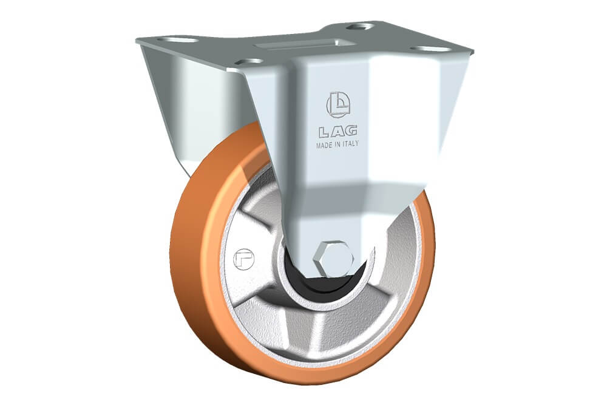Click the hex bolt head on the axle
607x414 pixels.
click(x=334, y=259)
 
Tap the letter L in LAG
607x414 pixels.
click(x=324, y=132)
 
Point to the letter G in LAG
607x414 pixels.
click(x=351, y=131)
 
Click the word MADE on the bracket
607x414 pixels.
click(x=324, y=145)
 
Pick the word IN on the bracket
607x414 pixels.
click(x=337, y=144)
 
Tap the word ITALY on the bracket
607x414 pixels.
click(x=350, y=143)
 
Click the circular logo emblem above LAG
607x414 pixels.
click(x=338, y=104)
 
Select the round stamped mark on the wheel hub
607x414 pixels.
click(x=243, y=259)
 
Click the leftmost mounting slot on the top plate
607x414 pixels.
click(x=178, y=39)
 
